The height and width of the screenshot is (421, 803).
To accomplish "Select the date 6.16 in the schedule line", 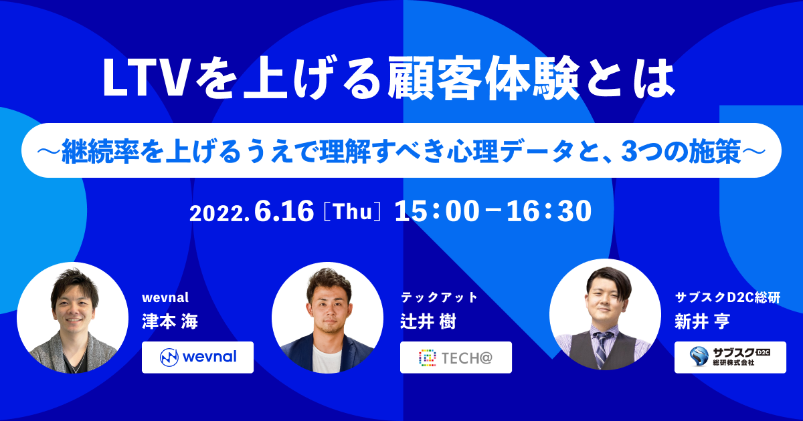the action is click(284, 212).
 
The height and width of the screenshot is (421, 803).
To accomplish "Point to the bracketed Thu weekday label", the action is click(353, 213).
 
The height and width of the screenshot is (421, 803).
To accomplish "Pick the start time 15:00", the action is click(437, 211).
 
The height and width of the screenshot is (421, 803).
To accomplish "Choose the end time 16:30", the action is click(549, 211).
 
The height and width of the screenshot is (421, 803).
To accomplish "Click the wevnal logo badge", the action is click(197, 358).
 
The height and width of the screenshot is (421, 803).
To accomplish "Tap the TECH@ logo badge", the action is click(456, 358).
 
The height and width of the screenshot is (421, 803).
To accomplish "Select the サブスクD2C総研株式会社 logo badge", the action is click(730, 358).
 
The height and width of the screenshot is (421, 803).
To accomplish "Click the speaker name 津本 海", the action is click(170, 321).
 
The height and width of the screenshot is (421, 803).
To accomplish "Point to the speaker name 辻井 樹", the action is click(428, 321).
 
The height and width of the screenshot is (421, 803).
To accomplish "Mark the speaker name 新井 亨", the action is click(702, 321).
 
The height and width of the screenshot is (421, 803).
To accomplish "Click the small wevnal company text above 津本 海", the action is click(165, 297).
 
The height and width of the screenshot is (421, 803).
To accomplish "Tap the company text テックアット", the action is click(439, 297).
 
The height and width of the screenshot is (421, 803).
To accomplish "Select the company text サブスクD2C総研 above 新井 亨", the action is click(728, 297).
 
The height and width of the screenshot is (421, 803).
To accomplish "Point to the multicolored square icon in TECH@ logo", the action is click(428, 358).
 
